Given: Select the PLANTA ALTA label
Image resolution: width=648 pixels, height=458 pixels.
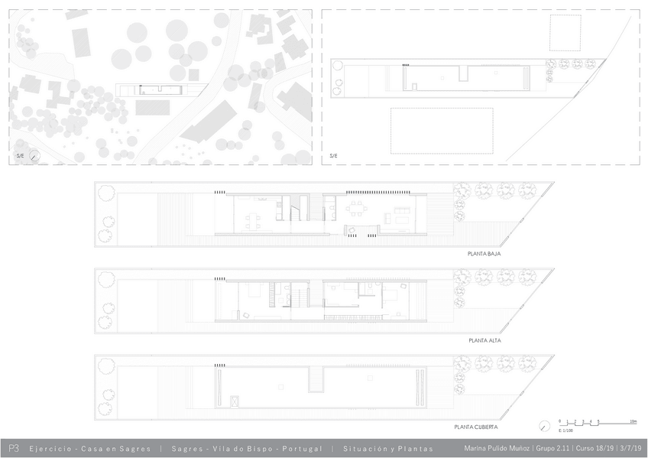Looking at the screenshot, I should click(x=484, y=339).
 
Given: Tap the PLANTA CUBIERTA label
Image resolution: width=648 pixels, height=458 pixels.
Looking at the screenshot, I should click(x=476, y=427).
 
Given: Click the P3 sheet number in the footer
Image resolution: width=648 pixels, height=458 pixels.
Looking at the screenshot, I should click(x=14, y=449).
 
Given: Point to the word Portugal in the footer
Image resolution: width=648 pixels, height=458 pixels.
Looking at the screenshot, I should click(x=305, y=449).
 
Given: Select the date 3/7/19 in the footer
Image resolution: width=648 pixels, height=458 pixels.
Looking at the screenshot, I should click(x=630, y=449).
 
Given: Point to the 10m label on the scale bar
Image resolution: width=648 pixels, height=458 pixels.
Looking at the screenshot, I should click(x=633, y=421).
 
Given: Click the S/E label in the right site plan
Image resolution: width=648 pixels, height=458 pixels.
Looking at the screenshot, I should click(x=333, y=156).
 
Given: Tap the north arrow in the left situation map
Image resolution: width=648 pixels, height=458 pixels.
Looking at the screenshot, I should click(x=35, y=156).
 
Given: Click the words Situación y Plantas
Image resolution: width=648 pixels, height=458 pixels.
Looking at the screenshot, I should click(x=388, y=449).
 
